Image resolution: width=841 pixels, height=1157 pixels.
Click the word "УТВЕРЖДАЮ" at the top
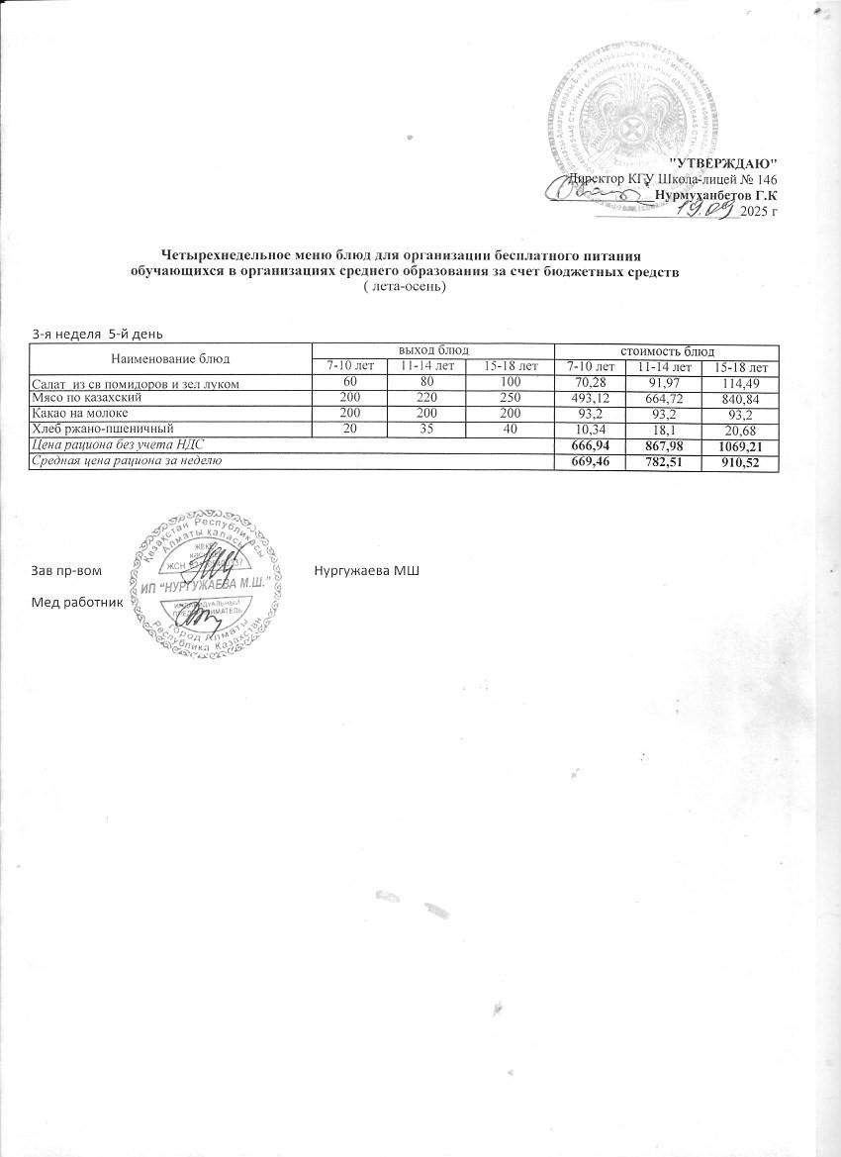724,161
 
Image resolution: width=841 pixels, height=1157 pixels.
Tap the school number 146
765,178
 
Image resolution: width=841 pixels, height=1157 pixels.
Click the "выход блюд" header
432,351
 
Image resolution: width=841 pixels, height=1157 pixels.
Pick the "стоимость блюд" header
667,351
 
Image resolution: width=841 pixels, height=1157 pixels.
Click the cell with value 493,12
590,397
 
